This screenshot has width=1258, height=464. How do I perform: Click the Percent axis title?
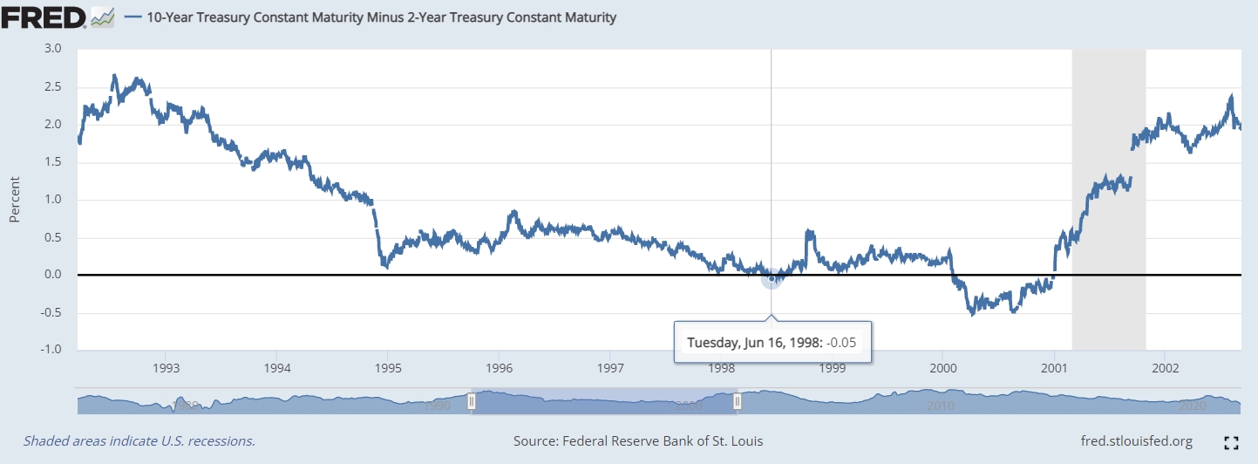(14, 200)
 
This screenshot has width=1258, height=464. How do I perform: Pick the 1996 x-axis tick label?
(499, 367)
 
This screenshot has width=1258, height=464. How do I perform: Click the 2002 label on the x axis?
(1166, 367)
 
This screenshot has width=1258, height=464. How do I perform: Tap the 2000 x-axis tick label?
(943, 367)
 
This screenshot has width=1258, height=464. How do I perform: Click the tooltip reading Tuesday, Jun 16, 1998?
(772, 342)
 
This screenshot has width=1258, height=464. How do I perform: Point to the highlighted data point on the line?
(772, 278)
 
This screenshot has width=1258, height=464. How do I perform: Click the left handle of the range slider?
(472, 401)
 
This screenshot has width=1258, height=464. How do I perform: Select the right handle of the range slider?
(738, 401)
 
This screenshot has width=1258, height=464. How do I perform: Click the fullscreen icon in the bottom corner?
(1232, 442)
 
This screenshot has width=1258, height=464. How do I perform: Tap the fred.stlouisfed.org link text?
(1137, 441)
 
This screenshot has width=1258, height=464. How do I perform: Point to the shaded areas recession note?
(139, 441)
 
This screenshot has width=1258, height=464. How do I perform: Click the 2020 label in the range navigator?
(1191, 406)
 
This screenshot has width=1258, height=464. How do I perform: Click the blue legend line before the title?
(133, 17)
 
